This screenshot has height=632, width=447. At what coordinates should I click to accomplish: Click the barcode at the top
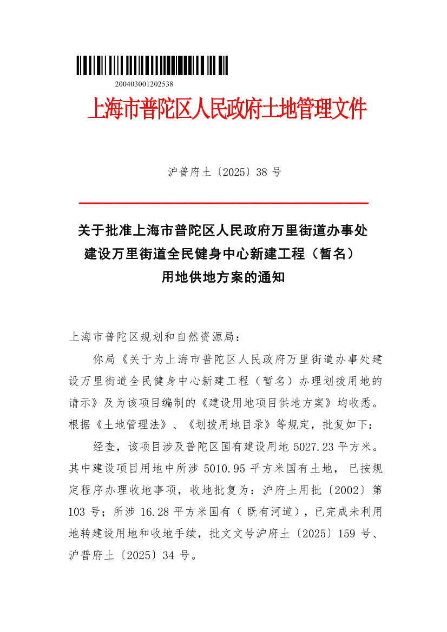click(x=152, y=65)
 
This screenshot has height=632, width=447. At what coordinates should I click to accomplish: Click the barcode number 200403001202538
click(x=144, y=84)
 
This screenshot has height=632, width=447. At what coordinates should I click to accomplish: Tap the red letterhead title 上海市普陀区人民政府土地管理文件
click(x=227, y=110)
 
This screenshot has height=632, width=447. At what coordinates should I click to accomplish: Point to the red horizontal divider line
click(x=223, y=203)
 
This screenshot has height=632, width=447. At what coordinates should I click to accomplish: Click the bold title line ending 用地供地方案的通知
click(x=223, y=278)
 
